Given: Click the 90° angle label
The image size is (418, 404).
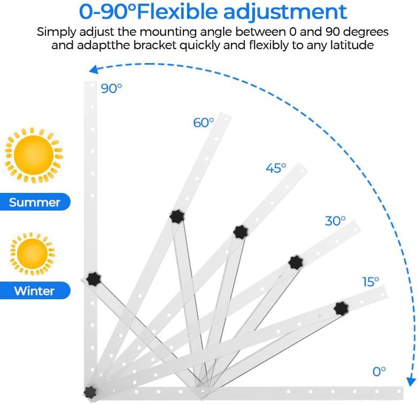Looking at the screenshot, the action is coord(111,88).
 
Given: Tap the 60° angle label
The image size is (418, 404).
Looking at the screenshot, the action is coord(203,123).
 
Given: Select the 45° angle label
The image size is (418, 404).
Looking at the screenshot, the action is coord(276,168).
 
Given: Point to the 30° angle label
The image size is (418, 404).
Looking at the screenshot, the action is coord(335,221).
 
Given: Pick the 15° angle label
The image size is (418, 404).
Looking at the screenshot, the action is coord(370,282).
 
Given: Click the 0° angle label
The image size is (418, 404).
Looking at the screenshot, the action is coord(379,372).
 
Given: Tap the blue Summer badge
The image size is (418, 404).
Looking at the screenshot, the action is coord(35,202).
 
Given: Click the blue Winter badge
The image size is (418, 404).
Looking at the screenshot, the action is coord(35,290).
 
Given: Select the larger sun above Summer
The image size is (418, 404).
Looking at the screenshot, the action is coord(33,155).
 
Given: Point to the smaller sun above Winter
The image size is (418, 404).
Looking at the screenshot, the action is coord(32,254).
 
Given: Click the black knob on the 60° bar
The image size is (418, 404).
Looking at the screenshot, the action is coord(177,217).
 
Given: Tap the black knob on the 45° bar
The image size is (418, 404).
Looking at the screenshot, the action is coord(241,232).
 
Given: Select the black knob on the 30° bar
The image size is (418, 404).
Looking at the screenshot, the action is coord(295,263).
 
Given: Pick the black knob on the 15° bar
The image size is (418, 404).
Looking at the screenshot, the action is coord(341,309).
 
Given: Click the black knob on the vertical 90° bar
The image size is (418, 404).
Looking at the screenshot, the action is coord(94,279).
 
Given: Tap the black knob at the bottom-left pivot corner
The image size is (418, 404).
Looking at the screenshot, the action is coord(90,392).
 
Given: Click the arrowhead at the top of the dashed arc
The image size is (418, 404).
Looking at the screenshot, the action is coord(94,70).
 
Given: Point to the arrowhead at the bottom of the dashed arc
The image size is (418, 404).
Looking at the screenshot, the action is coord(411,381).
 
